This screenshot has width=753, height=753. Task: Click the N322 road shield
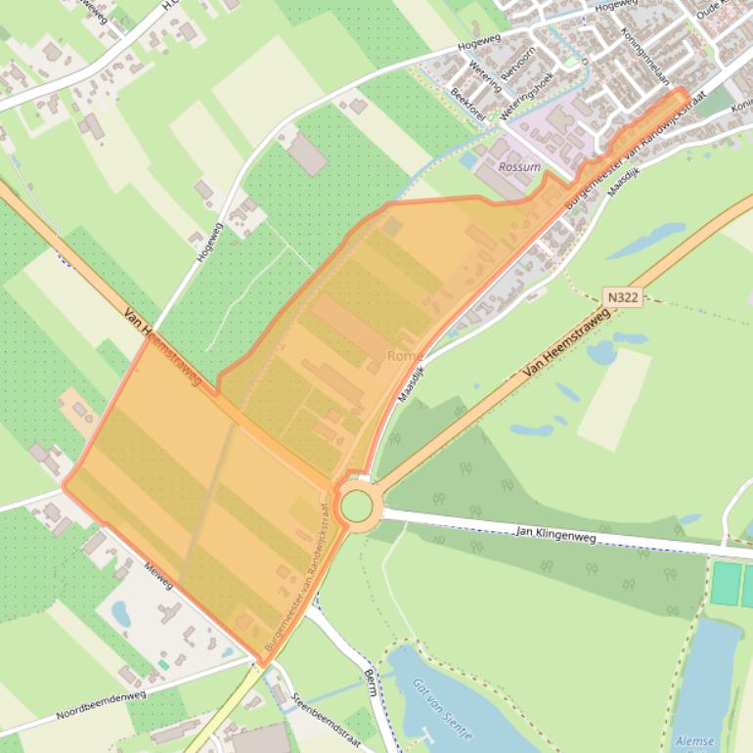tap(622, 295)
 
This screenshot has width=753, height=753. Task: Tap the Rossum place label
tap(519, 167)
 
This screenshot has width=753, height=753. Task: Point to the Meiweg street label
tap(157, 575)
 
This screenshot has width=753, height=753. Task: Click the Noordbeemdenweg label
tap(101, 705)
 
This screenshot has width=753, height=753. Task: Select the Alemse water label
tap(694, 741)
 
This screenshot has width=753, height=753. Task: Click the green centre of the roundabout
tap(356, 506)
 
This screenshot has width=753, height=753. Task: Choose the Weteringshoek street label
tap(526, 96)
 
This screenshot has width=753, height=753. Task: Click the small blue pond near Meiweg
tap(121, 613)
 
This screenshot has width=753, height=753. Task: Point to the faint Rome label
tap(405, 356)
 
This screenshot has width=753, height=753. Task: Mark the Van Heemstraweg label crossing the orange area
tap(162, 345)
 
